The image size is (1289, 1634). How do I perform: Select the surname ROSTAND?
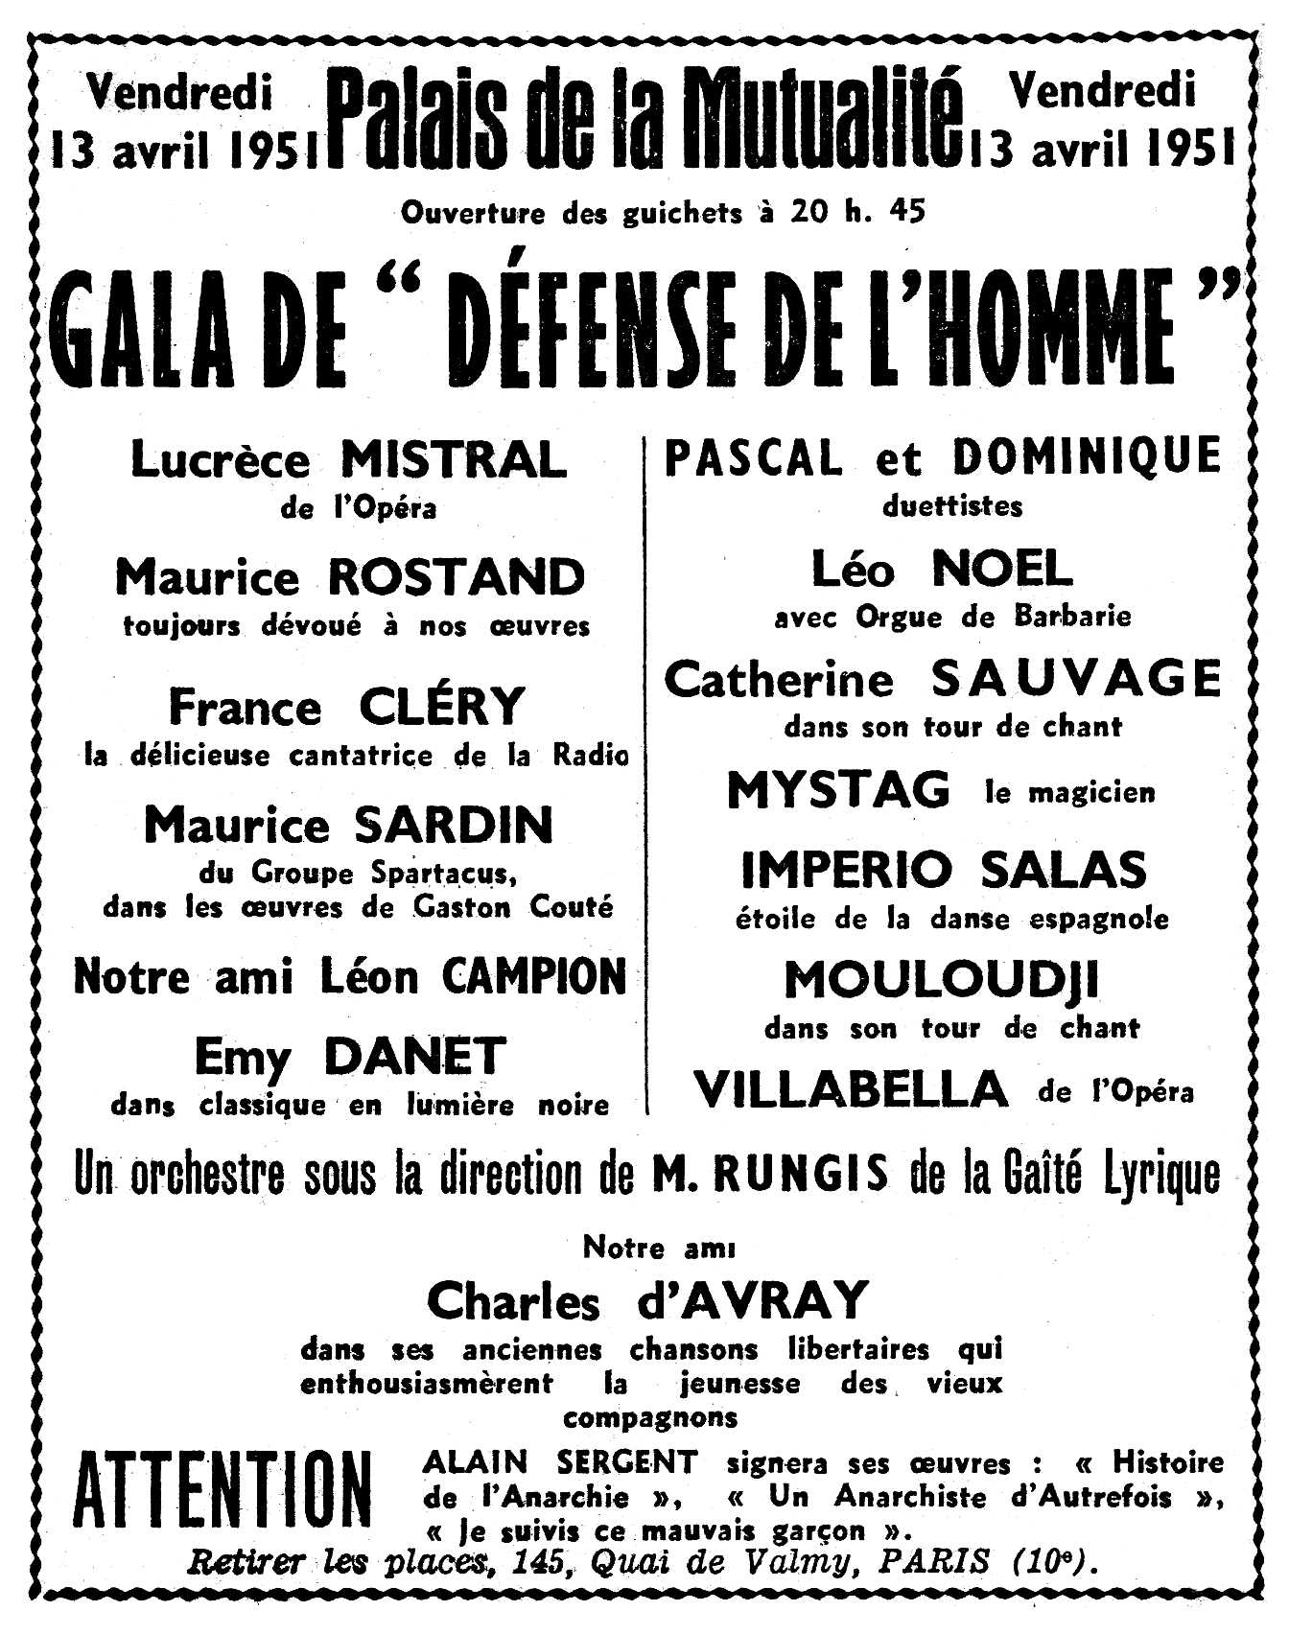point(457,577)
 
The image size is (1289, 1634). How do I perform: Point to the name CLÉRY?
point(443,707)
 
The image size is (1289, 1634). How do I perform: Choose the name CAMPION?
point(533,977)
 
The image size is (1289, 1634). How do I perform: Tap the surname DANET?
point(414,1057)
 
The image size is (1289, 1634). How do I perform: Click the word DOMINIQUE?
point(1087,456)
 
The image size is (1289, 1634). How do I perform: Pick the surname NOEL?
point(1002,570)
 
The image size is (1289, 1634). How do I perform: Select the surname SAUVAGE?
point(1077,680)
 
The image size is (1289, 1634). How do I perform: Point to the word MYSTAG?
point(839,790)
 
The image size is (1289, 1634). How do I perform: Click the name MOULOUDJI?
point(941,980)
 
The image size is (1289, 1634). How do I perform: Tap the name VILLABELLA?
point(851,1089)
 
